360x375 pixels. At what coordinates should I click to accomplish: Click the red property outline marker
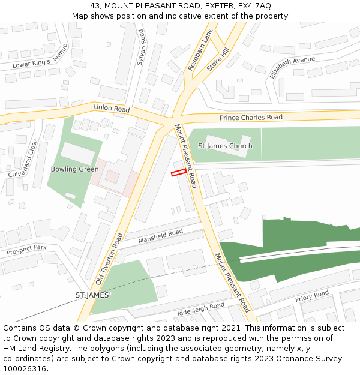click(179, 173)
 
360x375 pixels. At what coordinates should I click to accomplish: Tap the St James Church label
click(225, 146)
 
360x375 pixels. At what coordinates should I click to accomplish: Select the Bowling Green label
click(74, 169)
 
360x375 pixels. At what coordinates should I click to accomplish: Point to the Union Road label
click(112, 109)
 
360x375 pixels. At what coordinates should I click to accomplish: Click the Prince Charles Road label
click(251, 118)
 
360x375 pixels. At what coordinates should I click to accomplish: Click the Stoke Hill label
click(218, 61)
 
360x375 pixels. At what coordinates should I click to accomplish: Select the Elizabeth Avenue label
click(292, 68)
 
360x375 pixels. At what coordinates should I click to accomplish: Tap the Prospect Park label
click(26, 250)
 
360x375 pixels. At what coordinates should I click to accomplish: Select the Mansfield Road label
click(160, 236)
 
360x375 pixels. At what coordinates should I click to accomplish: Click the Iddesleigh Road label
click(200, 310)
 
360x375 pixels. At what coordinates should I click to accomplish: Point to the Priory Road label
click(312, 296)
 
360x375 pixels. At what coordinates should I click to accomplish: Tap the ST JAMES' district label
click(93, 295)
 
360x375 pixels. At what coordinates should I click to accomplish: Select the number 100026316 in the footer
click(25, 369)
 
